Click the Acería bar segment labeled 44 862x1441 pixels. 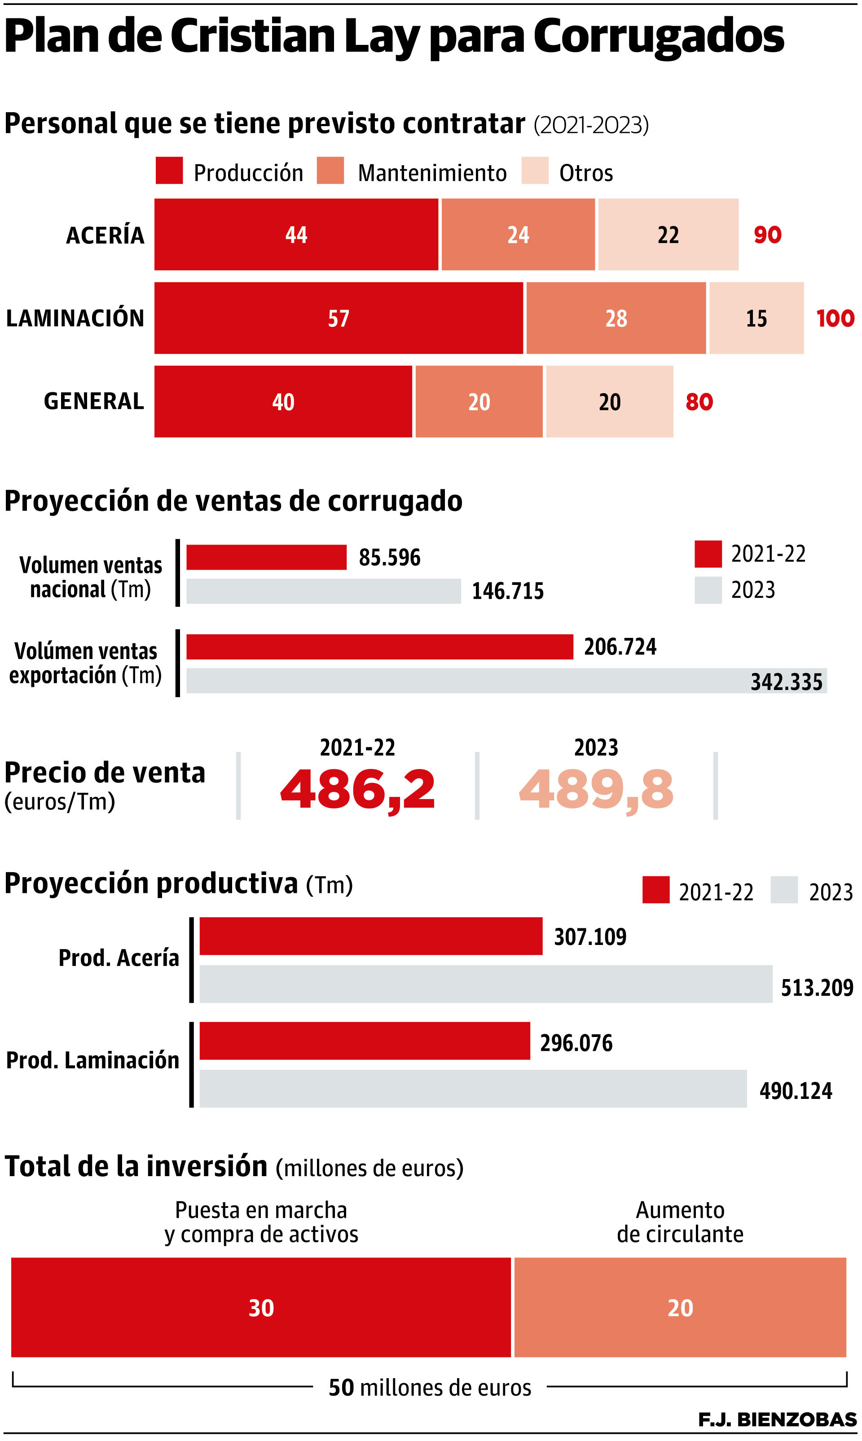tap(296, 235)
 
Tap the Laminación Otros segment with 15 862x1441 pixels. tap(756, 318)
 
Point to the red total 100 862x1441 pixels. tap(835, 318)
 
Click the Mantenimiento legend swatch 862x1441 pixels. tap(330, 171)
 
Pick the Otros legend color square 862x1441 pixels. tap(534, 171)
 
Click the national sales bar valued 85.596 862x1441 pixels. tap(266, 557)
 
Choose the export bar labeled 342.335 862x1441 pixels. tap(506, 681)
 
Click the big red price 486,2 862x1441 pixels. tap(357, 789)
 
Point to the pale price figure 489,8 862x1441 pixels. tap(596, 789)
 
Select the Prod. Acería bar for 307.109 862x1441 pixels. tap(370, 936)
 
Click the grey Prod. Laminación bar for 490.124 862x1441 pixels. tap(473, 1089)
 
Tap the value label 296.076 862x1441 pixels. tap(576, 1043)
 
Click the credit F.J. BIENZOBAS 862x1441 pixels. tap(777, 1419)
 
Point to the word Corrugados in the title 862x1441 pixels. tap(658, 36)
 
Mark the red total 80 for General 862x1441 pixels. tap(699, 402)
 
